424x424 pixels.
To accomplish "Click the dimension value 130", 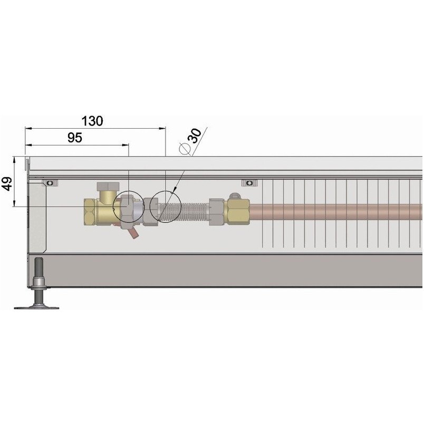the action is pyautogui.click(x=92, y=121).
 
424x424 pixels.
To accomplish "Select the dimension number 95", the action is pyautogui.click(x=75, y=138).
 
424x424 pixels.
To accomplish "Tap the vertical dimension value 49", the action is pyautogui.click(x=7, y=184).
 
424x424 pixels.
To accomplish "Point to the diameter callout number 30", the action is pyautogui.click(x=195, y=136).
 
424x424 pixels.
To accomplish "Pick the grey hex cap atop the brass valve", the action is pyautogui.click(x=108, y=186).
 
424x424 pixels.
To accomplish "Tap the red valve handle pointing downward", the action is pyautogui.click(x=133, y=234).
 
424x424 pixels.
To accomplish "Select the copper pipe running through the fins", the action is pyautogui.click(x=336, y=211).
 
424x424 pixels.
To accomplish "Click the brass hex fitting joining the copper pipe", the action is pyautogui.click(x=238, y=211).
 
